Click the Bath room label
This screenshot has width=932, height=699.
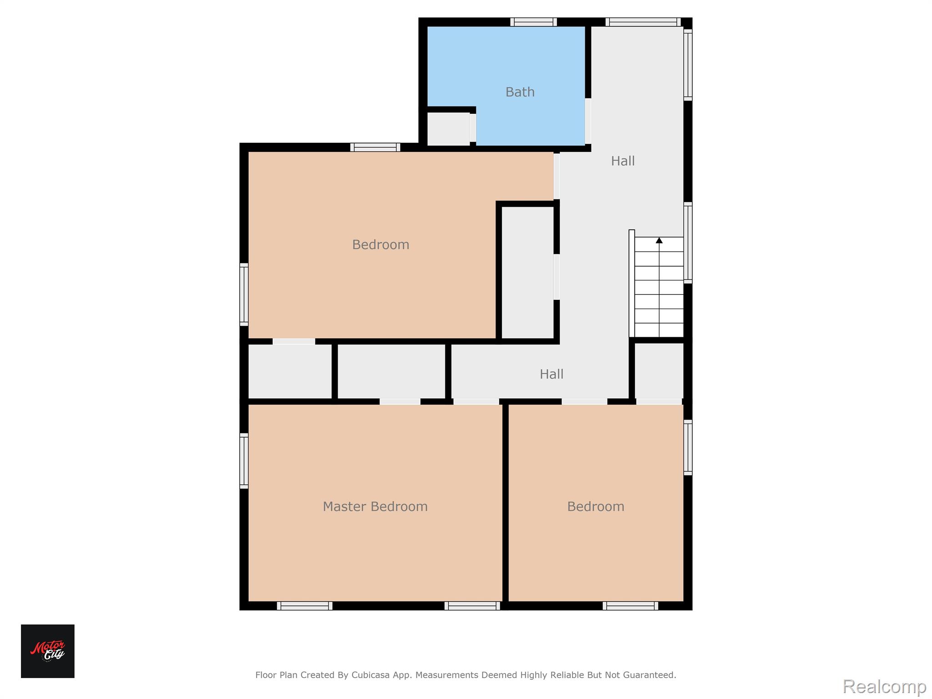[x=520, y=92]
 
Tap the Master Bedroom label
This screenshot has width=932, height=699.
[x=375, y=507]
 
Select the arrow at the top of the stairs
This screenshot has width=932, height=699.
[x=659, y=240]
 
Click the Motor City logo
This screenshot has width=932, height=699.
[x=48, y=651]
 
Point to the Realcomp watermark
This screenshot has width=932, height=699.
[x=884, y=686]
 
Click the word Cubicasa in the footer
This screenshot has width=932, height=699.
[x=370, y=675]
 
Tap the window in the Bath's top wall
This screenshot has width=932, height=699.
[x=533, y=22]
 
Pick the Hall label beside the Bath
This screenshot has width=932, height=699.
[x=623, y=161]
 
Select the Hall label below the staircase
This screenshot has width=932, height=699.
[x=552, y=374]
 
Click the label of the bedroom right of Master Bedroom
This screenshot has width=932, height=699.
[x=595, y=507]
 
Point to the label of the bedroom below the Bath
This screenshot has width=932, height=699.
[x=380, y=245]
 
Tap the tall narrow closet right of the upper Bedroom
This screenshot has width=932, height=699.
[x=527, y=273]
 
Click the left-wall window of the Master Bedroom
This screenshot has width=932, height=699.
[x=244, y=461]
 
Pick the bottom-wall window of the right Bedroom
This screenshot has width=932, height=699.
[x=630, y=606]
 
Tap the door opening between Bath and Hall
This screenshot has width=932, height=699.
[x=588, y=121]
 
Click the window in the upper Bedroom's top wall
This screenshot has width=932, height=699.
[x=375, y=147]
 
